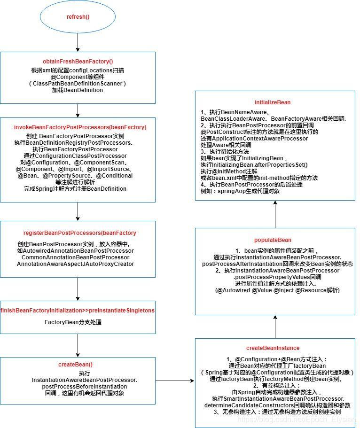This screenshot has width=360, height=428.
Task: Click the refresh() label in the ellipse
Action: [78, 17]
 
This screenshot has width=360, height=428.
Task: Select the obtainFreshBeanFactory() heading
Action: [78, 62]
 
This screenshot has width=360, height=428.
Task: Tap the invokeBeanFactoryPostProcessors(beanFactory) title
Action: [80, 127]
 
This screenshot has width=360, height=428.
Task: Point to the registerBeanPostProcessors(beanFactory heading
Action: [80, 233]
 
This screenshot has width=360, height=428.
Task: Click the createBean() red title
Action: [75, 365]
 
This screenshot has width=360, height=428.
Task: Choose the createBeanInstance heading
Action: [273, 348]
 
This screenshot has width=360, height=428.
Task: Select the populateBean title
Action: [273, 240]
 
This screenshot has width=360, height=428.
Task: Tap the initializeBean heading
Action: [273, 102]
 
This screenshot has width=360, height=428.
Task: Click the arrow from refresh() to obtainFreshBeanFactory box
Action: [78, 42]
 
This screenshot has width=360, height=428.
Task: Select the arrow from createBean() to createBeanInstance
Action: [175, 381]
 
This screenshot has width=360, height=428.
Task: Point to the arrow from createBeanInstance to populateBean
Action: [275, 327]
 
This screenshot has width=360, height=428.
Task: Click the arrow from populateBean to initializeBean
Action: [275, 214]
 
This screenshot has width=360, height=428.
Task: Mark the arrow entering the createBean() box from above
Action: [78, 345]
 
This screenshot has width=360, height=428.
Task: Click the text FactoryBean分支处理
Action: [73, 322]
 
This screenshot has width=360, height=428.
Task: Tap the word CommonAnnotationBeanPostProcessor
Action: [75, 257]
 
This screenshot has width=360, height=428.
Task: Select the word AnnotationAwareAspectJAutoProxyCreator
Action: [75, 264]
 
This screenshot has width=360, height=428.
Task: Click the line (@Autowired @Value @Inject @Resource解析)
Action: [277, 290]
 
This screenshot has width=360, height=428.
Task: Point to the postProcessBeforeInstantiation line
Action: [85, 387]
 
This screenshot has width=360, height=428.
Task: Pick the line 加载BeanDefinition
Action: [78, 90]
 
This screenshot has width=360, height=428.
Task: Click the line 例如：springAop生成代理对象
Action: [240, 191]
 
